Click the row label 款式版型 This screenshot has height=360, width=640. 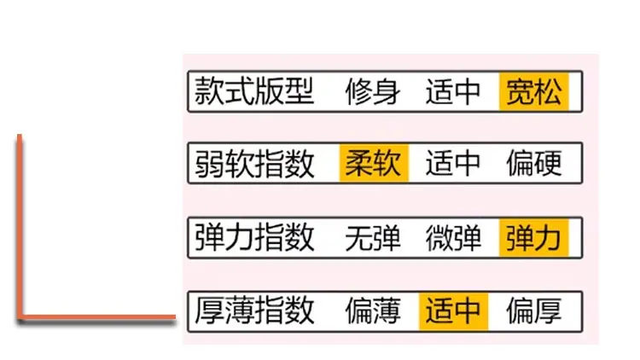pos(254,91)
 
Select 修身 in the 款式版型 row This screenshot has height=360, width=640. pos(373,91)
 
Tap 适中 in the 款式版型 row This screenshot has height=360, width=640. pos(453,91)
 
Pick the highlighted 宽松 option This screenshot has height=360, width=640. pos(534,91)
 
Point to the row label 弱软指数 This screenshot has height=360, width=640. pos(254,163)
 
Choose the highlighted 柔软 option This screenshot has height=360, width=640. pos(374,163)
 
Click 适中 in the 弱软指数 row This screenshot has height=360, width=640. pos(453,163)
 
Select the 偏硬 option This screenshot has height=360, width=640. pos(534,163)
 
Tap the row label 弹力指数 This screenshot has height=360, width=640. pos(254,237)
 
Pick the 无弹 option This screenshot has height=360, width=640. pos(373,237)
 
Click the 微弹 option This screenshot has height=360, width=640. pos(453,237)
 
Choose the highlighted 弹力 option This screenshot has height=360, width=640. pos(534,237)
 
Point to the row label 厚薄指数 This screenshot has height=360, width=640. pos(254,311)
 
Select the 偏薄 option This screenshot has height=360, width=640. pos(373,311)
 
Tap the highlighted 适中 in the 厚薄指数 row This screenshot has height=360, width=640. pos(453,311)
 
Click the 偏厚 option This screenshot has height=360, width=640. pos(534,311)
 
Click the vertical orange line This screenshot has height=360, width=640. pos(19,226)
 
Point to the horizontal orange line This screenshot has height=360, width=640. pos(96,316)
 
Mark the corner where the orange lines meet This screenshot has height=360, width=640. pos(19,316)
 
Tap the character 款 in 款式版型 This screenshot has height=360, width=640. pos(209,91)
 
